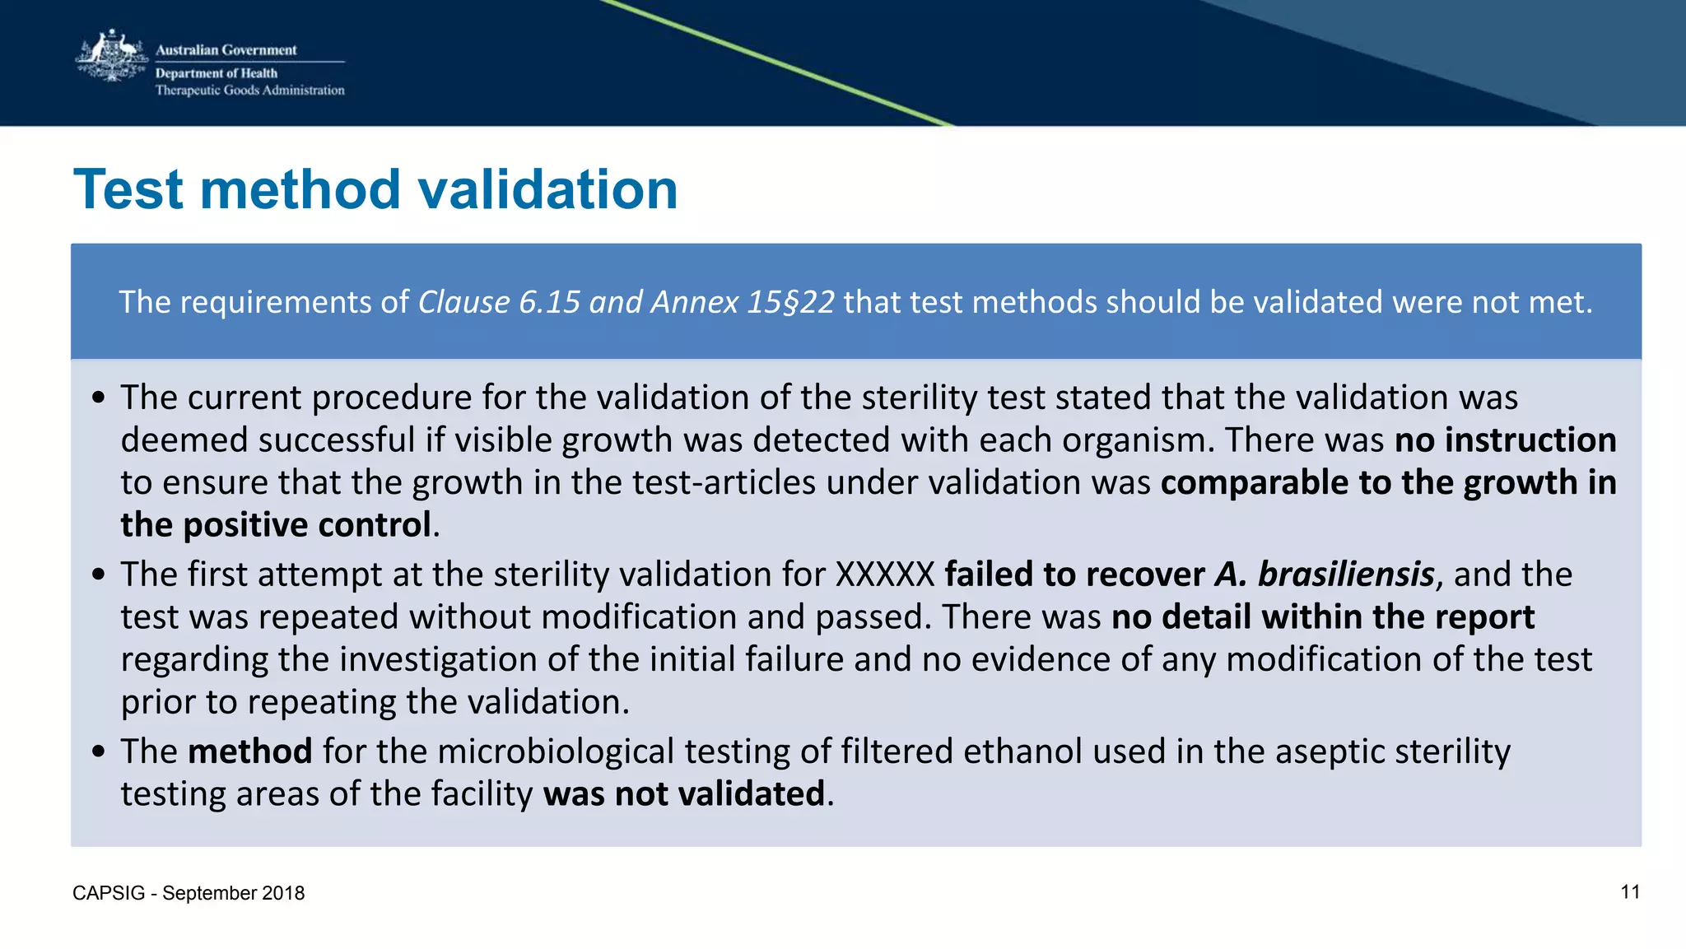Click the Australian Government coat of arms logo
[111, 56]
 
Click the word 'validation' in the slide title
[547, 189]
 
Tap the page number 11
[1630, 892]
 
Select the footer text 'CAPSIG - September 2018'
[189, 893]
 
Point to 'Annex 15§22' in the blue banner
[743, 302]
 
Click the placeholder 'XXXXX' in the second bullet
[885, 575]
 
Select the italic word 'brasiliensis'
[1346, 575]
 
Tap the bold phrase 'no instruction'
[1505, 440]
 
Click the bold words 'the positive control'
[276, 525]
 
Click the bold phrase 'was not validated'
[683, 794]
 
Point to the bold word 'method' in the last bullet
[249, 751]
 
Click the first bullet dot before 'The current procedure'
[99, 398]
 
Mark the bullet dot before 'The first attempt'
[99, 575]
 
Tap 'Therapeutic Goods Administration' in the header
[249, 91]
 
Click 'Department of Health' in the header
[217, 73]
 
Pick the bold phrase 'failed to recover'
[1074, 575]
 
